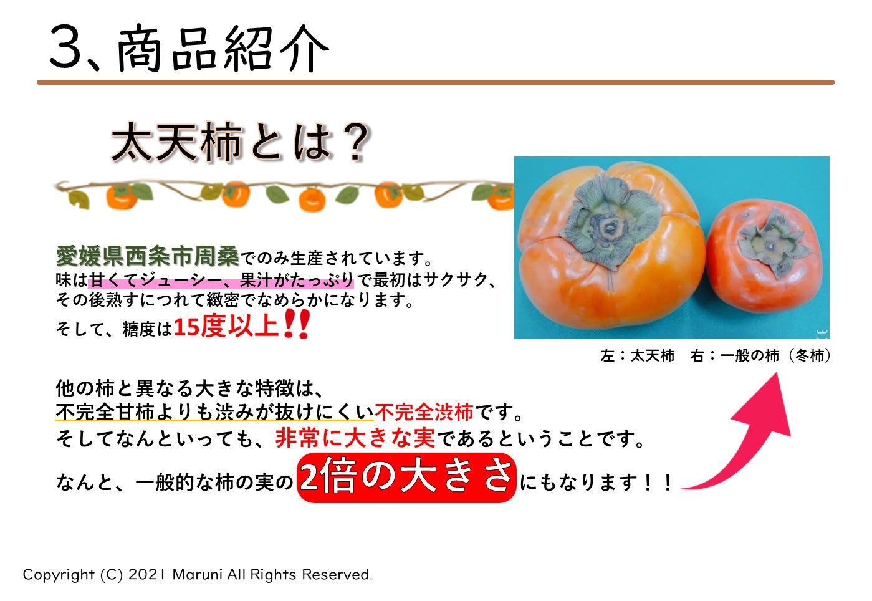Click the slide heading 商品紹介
pyautogui.click(x=223, y=48)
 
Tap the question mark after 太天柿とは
pyautogui.click(x=358, y=142)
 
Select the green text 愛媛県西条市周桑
pyautogui.click(x=148, y=256)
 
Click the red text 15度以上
pyautogui.click(x=226, y=326)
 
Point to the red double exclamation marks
pyautogui.click(x=297, y=324)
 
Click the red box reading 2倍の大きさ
pyautogui.click(x=406, y=478)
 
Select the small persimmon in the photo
pyautogui.click(x=764, y=256)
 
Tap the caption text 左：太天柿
pyautogui.click(x=637, y=356)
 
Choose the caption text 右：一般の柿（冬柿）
pyautogui.click(x=760, y=356)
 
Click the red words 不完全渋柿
pyautogui.click(x=424, y=413)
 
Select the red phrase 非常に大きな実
pyautogui.click(x=355, y=438)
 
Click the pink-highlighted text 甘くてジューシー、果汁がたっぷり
pyautogui.click(x=221, y=280)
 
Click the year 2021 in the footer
pyautogui.click(x=147, y=575)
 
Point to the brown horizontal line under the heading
pyautogui.click(x=436, y=82)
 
